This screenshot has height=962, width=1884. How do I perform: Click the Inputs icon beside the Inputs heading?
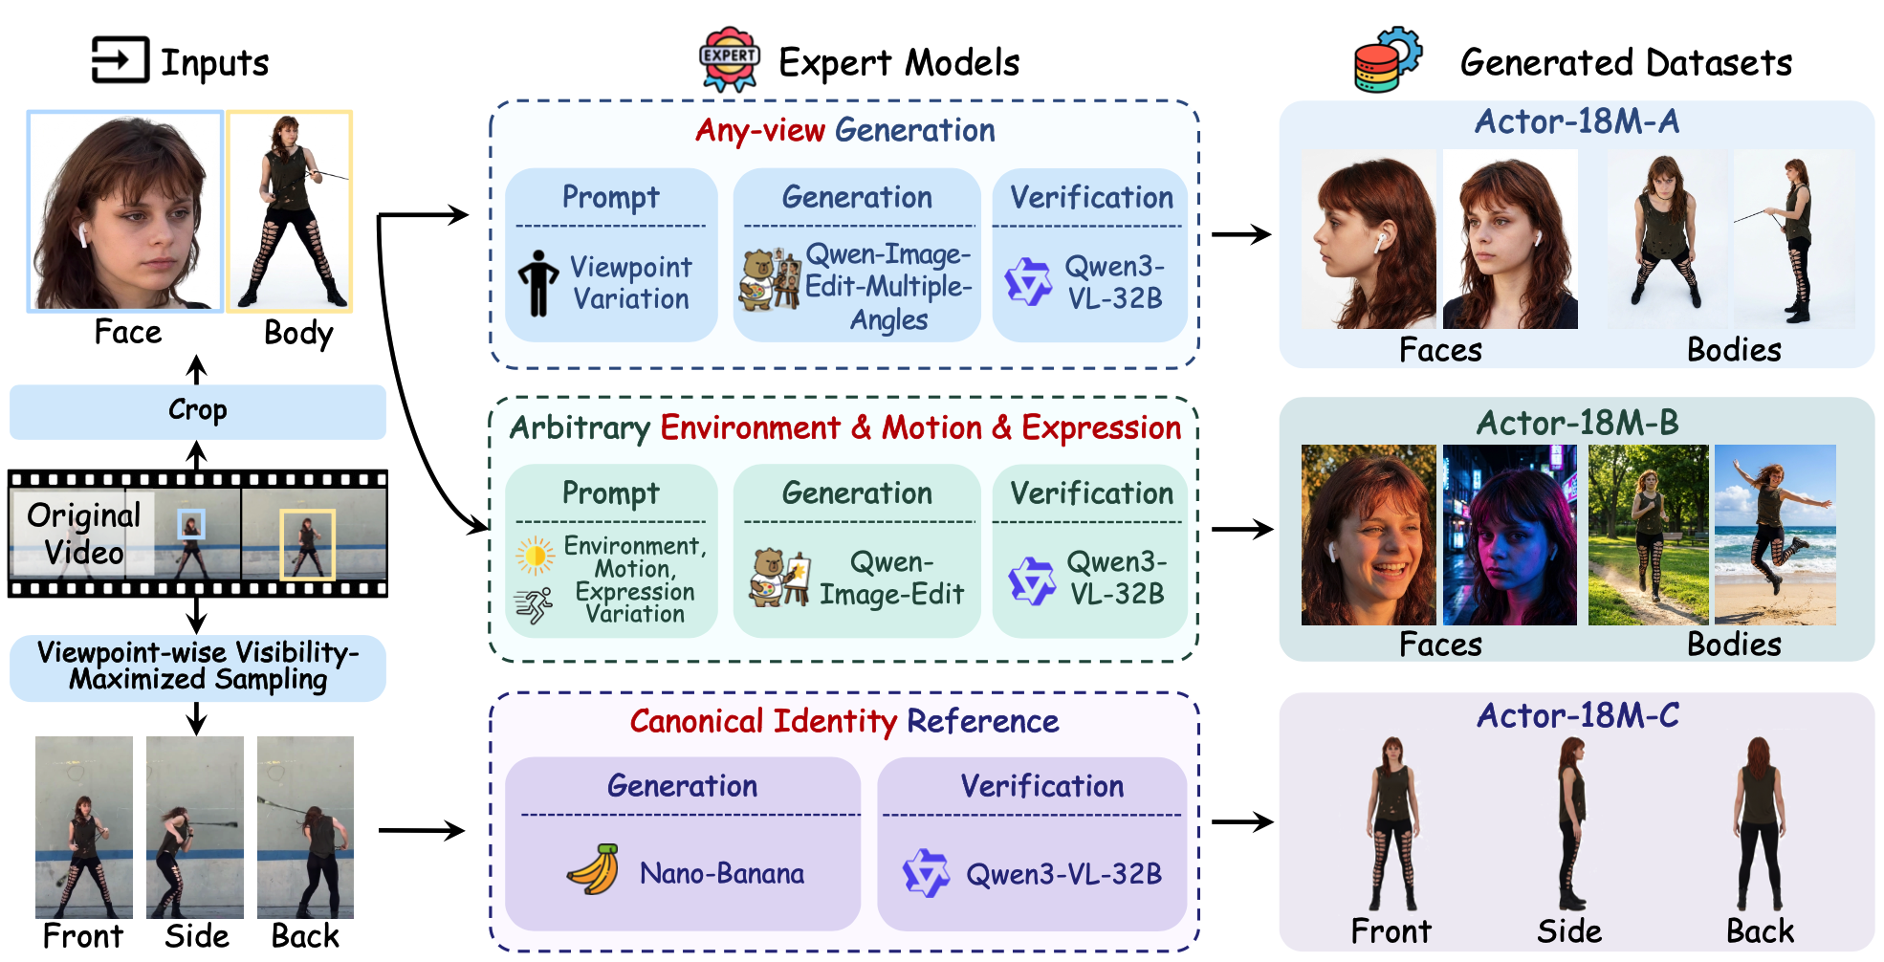pos(120,60)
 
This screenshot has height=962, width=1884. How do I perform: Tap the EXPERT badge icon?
pos(730,58)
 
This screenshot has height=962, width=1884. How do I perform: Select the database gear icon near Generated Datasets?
pos(1387,59)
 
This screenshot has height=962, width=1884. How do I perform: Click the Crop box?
pos(197,411)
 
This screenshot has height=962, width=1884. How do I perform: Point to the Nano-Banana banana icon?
pos(593,870)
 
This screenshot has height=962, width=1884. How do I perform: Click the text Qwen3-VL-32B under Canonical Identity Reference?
pos(1063,874)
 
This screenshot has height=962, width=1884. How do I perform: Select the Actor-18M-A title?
pos(1576,122)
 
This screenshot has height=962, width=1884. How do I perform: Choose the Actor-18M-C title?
pos(1577,716)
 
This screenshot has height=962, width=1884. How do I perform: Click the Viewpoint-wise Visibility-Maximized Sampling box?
pos(197,667)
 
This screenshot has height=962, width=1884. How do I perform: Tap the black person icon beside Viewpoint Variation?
pos(538,283)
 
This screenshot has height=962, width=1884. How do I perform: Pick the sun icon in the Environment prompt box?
pos(535,555)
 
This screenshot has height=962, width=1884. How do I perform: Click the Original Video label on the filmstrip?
pos(83,534)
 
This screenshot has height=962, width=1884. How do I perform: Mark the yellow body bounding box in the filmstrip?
pos(307,544)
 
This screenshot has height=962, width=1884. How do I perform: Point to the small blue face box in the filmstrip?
pos(191,523)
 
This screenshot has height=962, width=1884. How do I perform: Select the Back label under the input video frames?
pos(305,936)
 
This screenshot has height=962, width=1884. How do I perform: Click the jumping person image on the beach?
pos(1775,535)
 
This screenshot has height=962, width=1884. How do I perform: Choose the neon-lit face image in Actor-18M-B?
pos(1509,535)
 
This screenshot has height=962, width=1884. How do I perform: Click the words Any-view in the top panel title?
pos(759,131)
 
